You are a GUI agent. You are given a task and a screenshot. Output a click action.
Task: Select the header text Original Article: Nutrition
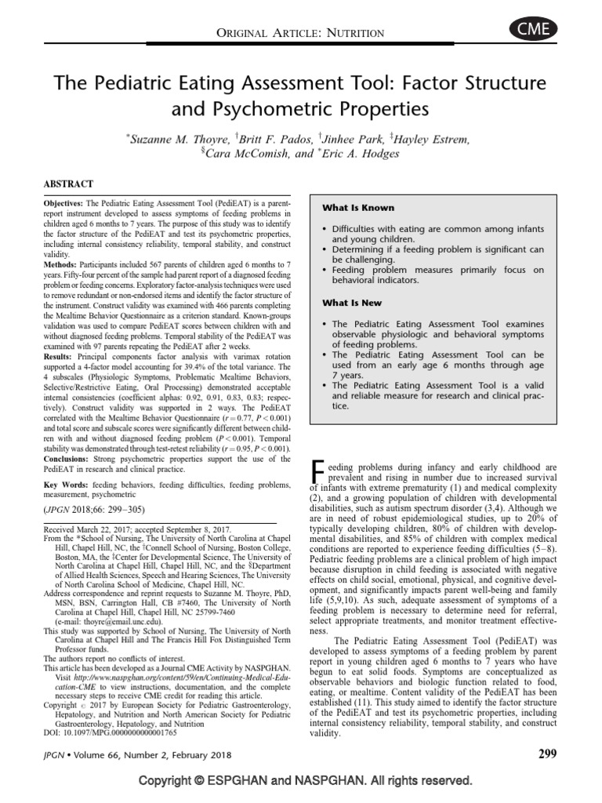(300, 32)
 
